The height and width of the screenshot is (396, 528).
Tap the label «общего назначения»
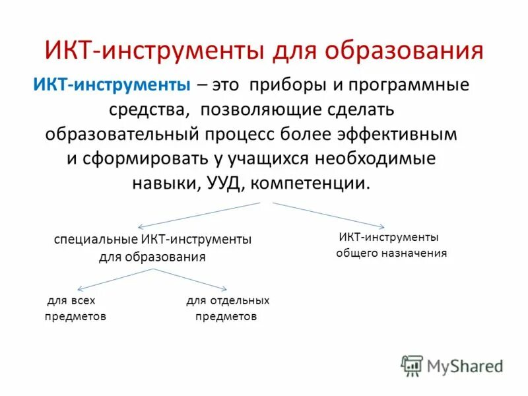391,253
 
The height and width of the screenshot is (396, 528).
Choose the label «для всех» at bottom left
66,300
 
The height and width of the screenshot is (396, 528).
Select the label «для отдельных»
228,300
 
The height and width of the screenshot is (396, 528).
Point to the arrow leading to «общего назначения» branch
330,215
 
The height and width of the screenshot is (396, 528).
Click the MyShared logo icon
412,365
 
